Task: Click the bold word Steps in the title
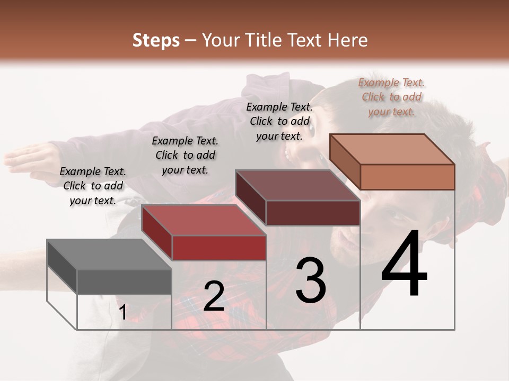(x=156, y=40)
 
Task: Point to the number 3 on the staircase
(x=311, y=280)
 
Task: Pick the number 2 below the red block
(x=214, y=296)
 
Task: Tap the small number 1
(x=122, y=313)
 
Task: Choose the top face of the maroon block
(x=297, y=185)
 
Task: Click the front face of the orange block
(x=407, y=177)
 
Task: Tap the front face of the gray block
(x=124, y=282)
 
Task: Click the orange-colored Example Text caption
(x=391, y=97)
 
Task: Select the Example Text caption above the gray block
(x=93, y=186)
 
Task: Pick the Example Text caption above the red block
(x=185, y=155)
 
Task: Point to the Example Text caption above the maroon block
(x=279, y=121)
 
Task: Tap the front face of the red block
(x=218, y=247)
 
